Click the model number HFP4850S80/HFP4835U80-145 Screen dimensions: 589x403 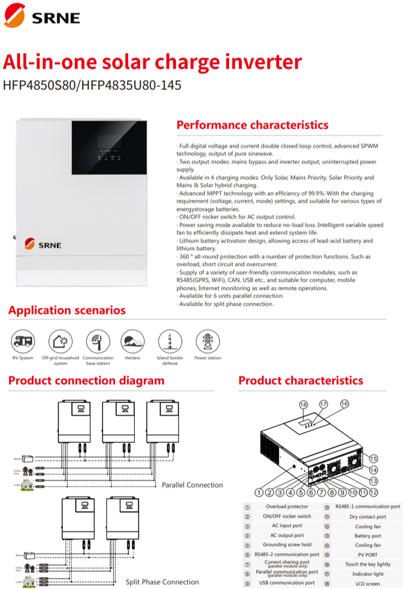coord(92,85)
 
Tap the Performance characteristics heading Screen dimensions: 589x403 coord(252,125)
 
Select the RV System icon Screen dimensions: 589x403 coord(23,341)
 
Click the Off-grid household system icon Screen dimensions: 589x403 coord(60,341)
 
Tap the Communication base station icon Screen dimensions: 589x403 coord(98,341)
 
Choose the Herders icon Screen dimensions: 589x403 coord(132,341)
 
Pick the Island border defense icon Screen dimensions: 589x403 coord(170,341)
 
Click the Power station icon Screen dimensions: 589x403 coord(207,341)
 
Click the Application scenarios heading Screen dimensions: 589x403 coord(67,311)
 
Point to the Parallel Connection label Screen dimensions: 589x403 coord(192,485)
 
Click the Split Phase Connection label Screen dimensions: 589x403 coord(162,582)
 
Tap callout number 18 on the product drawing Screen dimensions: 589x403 coord(303,404)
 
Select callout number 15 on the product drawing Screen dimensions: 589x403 coord(374,458)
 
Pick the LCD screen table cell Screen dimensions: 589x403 coord(367,583)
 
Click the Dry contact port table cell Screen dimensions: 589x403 coord(367,517)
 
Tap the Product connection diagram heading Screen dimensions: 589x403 coord(86,380)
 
